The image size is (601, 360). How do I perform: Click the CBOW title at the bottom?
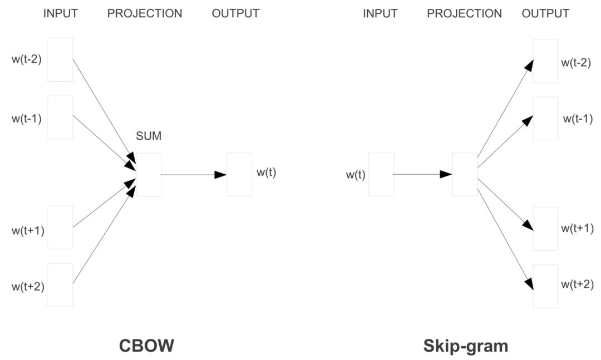pyautogui.click(x=146, y=346)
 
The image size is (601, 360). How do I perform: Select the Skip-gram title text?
pyautogui.click(x=465, y=346)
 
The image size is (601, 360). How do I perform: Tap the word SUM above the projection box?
pyautogui.click(x=149, y=136)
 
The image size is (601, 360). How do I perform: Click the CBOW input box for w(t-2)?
pyautogui.click(x=60, y=60)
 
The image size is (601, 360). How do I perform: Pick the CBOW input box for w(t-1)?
pyautogui.click(x=60, y=117)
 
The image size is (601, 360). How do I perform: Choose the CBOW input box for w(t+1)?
pyautogui.click(x=60, y=227)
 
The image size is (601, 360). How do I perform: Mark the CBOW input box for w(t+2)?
pyautogui.click(x=60, y=285)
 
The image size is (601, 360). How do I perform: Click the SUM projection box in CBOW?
pyautogui.click(x=149, y=175)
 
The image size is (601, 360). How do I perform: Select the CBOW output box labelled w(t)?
pyautogui.click(x=239, y=175)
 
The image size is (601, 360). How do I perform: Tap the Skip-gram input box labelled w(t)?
pyautogui.click(x=381, y=174)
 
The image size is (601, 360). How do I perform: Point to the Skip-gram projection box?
pyautogui.click(x=465, y=174)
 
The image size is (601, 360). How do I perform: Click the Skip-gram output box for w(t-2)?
pyautogui.click(x=545, y=61)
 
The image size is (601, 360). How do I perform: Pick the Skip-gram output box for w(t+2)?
pyautogui.click(x=545, y=286)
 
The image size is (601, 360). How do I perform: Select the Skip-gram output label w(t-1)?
pyautogui.click(x=577, y=119)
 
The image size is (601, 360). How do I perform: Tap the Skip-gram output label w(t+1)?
pyautogui.click(x=577, y=228)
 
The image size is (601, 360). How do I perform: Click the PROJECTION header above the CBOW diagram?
pyautogui.click(x=145, y=13)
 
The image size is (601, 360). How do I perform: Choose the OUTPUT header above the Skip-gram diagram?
pyautogui.click(x=545, y=13)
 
